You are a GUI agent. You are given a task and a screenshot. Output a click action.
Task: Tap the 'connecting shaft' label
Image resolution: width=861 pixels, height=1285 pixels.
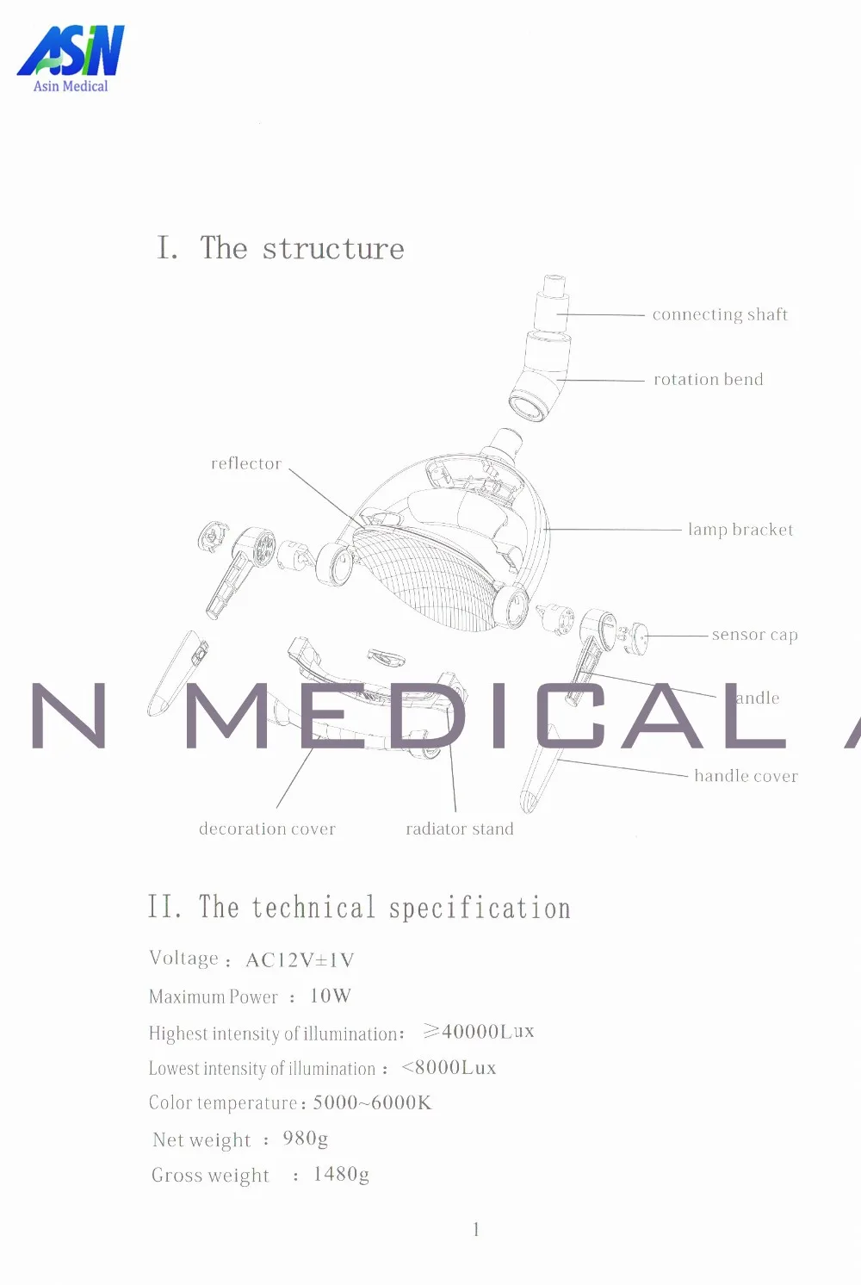pyautogui.click(x=720, y=314)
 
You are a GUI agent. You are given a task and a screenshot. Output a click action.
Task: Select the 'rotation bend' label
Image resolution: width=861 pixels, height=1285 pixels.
pyautogui.click(x=708, y=379)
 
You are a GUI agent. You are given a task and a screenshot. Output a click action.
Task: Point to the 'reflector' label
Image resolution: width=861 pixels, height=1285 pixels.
pyautogui.click(x=246, y=463)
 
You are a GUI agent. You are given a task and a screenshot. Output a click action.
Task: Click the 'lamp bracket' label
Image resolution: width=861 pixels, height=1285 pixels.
pyautogui.click(x=740, y=530)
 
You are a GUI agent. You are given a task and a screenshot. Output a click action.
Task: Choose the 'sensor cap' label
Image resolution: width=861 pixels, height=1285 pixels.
pyautogui.click(x=754, y=635)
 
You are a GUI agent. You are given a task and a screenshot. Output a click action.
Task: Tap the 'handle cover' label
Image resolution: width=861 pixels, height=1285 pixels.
pyautogui.click(x=746, y=776)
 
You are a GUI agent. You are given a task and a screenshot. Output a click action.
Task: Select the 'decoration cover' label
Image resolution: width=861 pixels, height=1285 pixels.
pyautogui.click(x=267, y=829)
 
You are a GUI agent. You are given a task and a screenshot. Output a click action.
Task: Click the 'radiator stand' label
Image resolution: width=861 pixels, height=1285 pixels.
pyautogui.click(x=459, y=829)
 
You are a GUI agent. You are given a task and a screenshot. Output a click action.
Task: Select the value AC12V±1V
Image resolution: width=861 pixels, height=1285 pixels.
pyautogui.click(x=300, y=959)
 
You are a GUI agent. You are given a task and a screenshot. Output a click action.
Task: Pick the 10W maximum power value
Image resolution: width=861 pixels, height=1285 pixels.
pyautogui.click(x=331, y=996)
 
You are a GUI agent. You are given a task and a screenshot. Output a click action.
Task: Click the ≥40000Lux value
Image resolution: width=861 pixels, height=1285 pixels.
pyautogui.click(x=479, y=1031)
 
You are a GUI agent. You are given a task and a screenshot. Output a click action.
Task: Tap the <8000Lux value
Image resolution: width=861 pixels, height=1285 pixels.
pyautogui.click(x=449, y=1067)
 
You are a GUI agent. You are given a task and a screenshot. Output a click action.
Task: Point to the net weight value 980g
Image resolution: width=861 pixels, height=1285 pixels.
pyautogui.click(x=305, y=1139)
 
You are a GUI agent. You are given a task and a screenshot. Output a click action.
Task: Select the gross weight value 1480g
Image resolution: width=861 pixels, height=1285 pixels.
pyautogui.click(x=341, y=1174)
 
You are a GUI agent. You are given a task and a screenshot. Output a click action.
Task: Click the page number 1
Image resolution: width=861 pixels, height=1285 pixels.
pyautogui.click(x=476, y=1229)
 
